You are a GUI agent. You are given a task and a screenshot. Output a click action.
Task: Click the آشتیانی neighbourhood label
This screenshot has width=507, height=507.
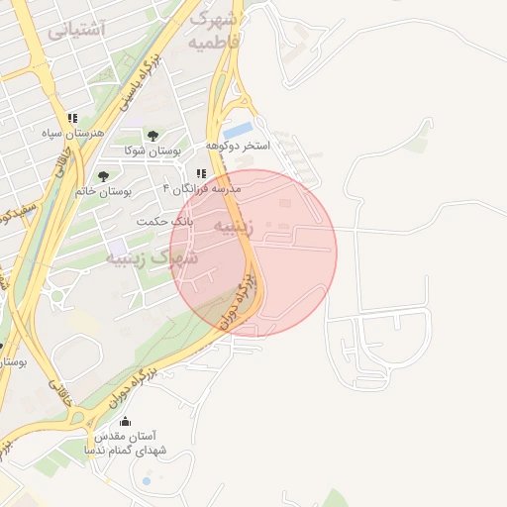(75, 30)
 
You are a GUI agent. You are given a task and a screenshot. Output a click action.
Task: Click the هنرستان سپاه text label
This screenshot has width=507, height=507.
(66, 132)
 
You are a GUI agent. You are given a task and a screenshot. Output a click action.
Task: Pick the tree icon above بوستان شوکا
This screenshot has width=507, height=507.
(152, 136)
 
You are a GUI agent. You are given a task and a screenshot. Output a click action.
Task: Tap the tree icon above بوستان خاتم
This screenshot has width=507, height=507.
(103, 176)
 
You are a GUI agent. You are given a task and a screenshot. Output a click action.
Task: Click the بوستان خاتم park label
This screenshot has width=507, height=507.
(102, 191)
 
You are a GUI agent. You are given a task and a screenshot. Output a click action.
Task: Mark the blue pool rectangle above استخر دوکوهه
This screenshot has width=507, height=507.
(238, 131)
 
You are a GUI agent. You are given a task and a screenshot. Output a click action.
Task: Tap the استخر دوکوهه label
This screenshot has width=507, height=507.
(238, 146)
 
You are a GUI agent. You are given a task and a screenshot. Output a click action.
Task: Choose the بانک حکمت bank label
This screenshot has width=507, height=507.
(164, 221)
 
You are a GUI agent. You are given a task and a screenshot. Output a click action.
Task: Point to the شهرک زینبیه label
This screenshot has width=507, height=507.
(152, 259)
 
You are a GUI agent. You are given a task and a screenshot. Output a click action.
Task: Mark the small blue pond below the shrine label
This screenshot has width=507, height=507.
(147, 481)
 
